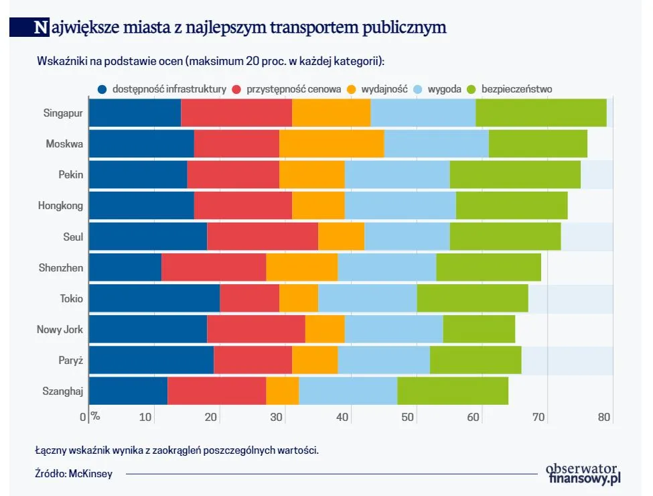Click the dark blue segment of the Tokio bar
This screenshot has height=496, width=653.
tap(154, 298)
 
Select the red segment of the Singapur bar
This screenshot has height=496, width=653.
tap(236, 113)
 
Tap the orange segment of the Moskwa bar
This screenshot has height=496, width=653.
tap(332, 143)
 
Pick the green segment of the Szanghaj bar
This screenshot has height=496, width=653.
tap(453, 391)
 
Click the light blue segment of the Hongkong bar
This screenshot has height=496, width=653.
tap(400, 205)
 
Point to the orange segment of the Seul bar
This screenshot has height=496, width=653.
tap(341, 237)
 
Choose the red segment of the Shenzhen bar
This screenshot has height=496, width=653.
tap(214, 267)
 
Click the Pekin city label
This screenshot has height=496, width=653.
tap(70, 175)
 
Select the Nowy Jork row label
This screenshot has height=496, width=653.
tap(60, 329)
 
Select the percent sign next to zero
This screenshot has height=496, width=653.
tap(95, 416)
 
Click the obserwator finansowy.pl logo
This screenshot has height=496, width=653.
tap(583, 473)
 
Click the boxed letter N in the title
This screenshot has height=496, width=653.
tap(42, 27)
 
